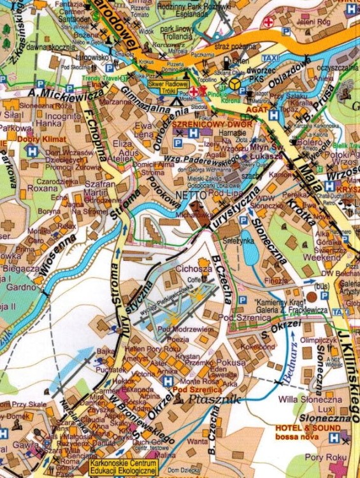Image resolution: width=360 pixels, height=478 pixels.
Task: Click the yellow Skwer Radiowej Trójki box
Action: coord(168,87)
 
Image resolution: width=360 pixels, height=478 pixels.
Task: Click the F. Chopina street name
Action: coord(93,136)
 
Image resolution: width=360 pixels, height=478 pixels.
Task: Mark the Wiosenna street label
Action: coord(57,252)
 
